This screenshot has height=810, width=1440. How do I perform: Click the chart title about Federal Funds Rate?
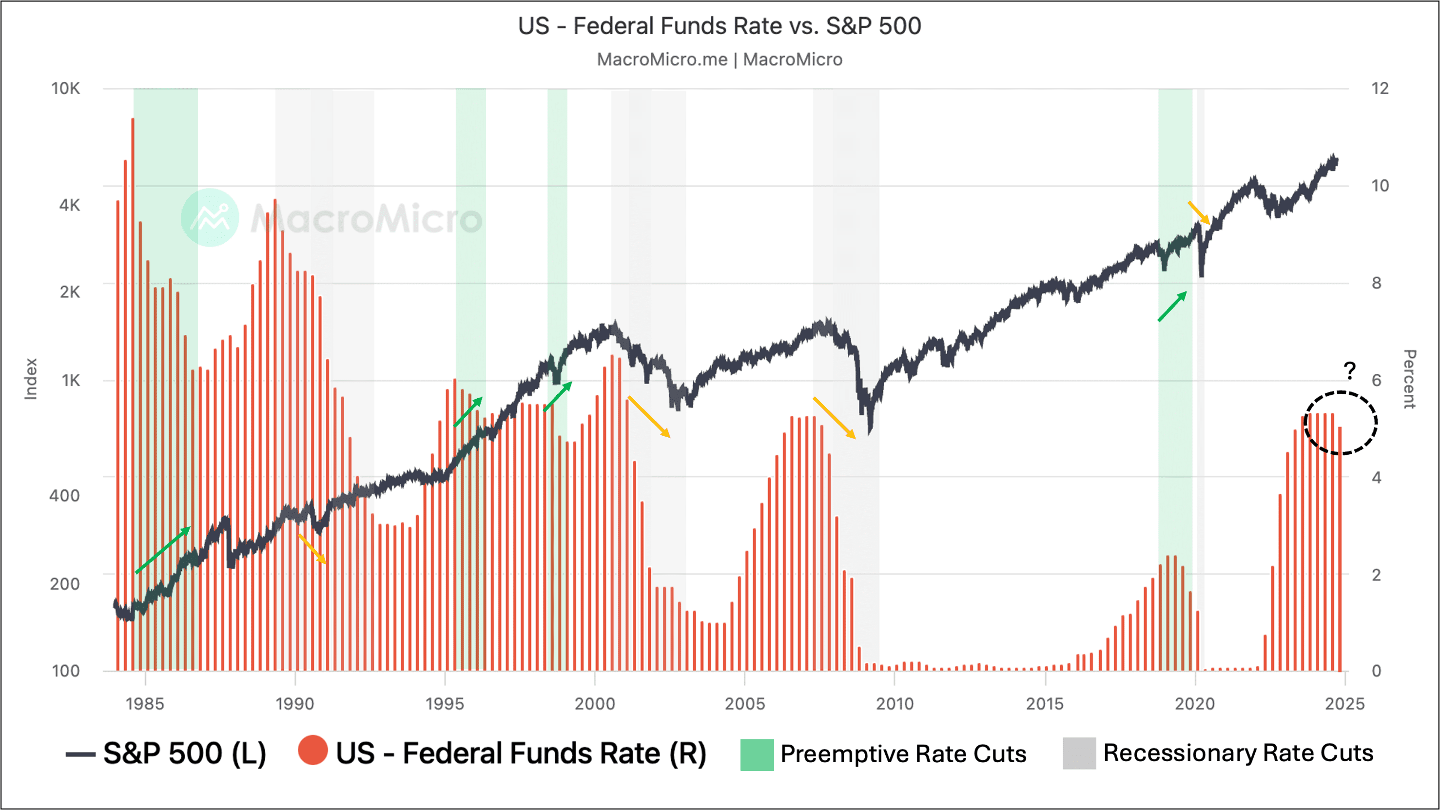[x=720, y=26]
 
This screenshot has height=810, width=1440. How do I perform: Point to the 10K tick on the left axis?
[x=65, y=88]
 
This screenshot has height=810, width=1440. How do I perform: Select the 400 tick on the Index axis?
[x=64, y=495]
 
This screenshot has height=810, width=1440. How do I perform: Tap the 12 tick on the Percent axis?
[x=1380, y=88]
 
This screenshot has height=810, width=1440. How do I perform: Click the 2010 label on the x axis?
[x=895, y=703]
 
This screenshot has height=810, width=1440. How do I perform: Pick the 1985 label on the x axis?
[x=145, y=703]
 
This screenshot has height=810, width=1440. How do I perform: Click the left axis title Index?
[x=31, y=379]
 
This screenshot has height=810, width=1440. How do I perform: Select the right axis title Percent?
[x=1409, y=379]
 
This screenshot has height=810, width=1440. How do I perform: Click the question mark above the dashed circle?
[x=1349, y=370]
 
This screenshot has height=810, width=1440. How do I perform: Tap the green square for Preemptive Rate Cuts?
[x=757, y=754]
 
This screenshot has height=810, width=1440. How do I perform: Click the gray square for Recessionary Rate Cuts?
[x=1079, y=753]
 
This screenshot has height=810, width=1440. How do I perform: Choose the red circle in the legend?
[x=312, y=750]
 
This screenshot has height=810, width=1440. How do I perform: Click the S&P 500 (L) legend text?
[x=184, y=753]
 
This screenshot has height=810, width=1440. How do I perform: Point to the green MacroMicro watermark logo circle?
[x=210, y=217]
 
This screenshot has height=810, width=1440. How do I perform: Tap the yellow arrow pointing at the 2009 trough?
[x=834, y=418]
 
